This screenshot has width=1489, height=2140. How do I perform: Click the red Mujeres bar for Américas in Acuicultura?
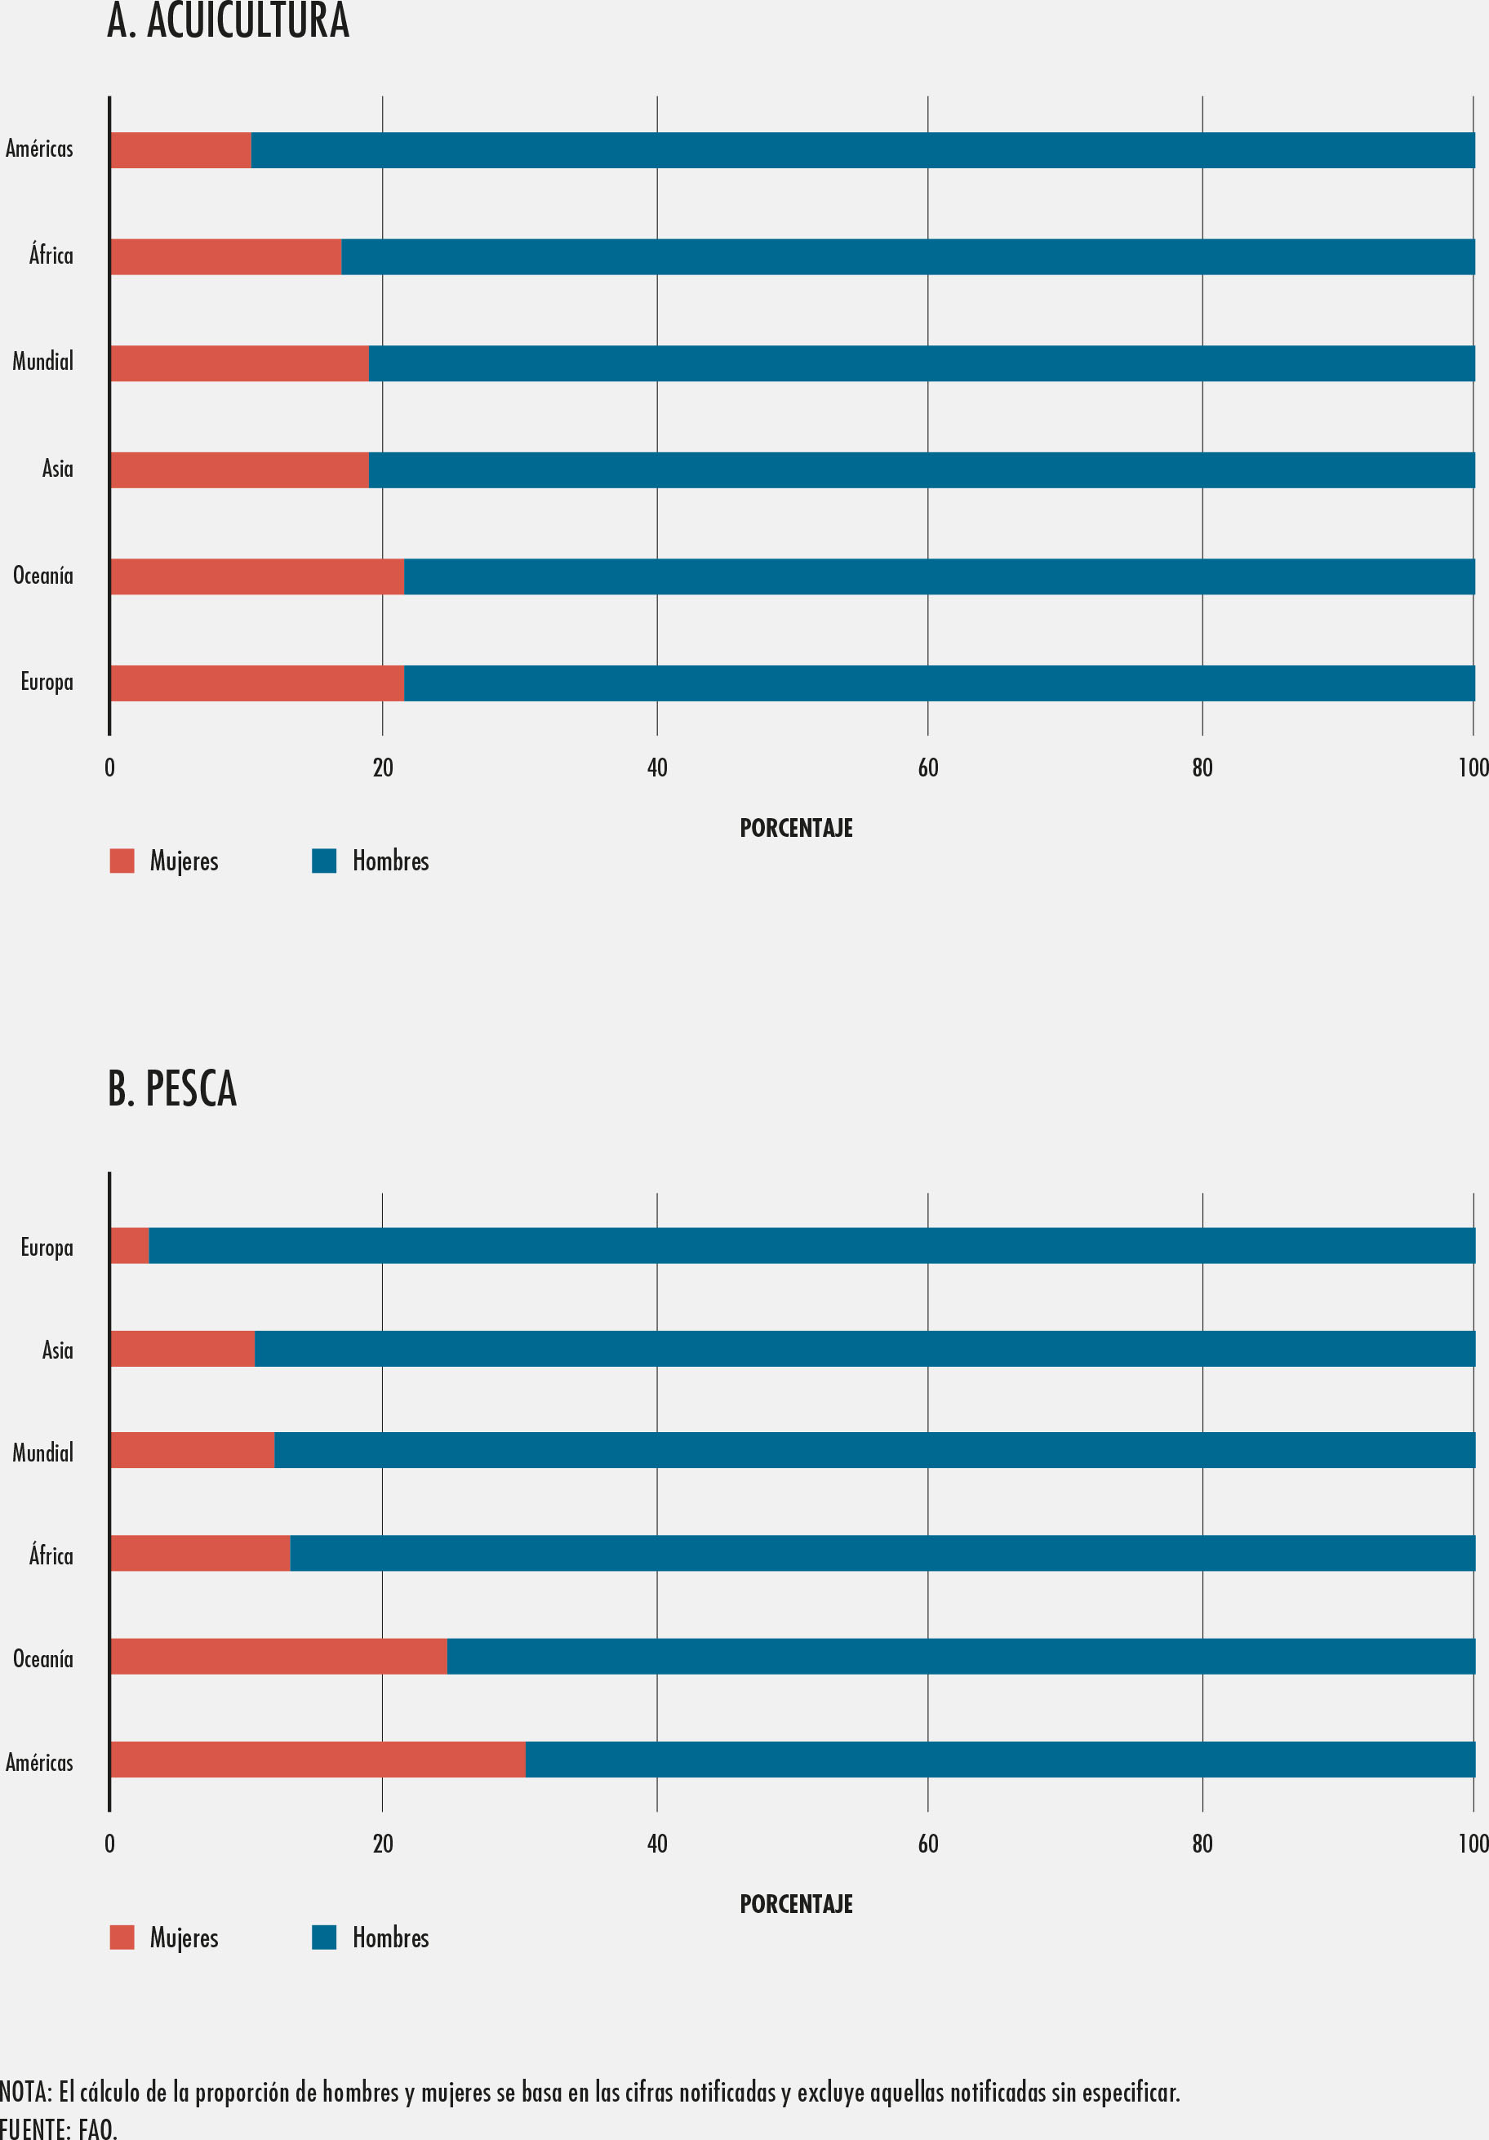[180, 150]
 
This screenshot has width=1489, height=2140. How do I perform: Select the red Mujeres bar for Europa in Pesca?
[131, 1245]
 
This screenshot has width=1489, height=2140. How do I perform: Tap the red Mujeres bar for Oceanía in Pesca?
[278, 1657]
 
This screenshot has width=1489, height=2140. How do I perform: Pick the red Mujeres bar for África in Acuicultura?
[225, 256]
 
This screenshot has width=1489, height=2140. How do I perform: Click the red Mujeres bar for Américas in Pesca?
[318, 1759]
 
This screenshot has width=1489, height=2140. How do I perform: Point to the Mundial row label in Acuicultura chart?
[43, 362]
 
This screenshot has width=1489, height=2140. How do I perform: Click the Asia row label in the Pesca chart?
[57, 1350]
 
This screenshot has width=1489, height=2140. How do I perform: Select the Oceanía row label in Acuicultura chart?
[43, 575]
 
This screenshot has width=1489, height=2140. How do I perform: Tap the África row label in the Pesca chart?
[51, 1555]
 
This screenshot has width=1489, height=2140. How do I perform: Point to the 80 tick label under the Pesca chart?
[1202, 1844]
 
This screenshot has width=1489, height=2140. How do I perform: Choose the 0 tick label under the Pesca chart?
[110, 1844]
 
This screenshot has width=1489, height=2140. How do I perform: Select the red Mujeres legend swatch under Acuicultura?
[122, 861]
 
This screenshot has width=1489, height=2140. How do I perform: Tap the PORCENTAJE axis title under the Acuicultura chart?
[796, 828]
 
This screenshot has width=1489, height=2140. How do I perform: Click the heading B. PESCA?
[172, 1088]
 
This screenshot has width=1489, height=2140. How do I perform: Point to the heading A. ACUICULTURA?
[229, 20]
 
